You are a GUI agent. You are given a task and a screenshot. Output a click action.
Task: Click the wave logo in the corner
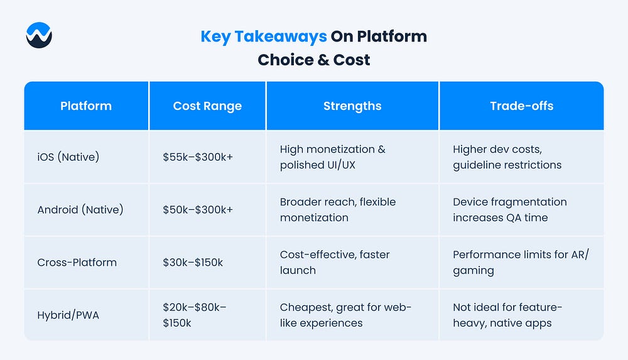(39, 35)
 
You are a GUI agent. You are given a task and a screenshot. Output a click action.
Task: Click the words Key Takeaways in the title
(264, 36)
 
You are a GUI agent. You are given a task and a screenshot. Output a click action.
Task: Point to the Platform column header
(86, 106)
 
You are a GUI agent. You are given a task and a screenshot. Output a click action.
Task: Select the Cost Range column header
(207, 106)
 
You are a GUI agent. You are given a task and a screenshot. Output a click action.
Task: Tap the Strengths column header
(352, 106)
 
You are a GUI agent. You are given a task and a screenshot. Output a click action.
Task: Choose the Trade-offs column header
(521, 106)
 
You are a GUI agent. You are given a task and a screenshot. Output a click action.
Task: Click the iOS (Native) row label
(68, 156)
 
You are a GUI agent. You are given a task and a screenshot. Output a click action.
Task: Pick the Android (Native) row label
(80, 210)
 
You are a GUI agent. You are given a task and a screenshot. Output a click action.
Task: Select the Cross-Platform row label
(77, 263)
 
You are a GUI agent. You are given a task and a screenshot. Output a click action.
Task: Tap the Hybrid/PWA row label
(68, 315)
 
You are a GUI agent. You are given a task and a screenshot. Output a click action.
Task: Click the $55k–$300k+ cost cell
(198, 156)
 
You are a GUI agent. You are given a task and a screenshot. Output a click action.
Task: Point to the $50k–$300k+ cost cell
(198, 210)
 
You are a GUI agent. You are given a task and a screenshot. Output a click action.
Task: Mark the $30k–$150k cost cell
(193, 263)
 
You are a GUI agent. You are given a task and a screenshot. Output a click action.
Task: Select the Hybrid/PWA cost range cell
(194, 315)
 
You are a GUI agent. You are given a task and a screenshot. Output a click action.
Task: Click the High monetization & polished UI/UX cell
(332, 156)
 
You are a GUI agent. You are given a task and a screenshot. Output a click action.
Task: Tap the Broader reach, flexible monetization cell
(338, 210)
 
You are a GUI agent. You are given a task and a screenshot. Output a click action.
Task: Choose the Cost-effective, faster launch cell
(335, 263)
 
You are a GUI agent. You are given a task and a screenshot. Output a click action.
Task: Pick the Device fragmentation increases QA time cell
(510, 210)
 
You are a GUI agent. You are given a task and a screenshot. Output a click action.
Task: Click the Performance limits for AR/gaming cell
(521, 263)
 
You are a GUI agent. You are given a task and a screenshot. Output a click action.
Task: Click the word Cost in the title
(352, 60)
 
